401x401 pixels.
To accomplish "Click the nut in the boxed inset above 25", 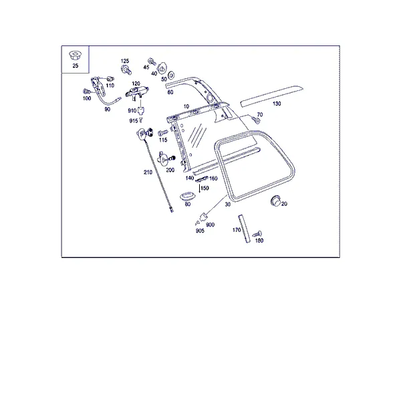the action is point(75,55).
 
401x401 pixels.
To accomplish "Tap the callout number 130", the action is point(277,104).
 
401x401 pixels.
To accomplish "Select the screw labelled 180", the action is point(257,234).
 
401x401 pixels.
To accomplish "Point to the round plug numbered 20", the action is point(275,200).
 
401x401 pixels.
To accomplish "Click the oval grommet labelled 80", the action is point(187,196).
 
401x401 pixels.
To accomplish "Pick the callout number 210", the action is point(148,172).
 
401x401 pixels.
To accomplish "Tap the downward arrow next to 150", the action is point(199,188).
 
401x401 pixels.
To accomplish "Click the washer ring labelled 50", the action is point(171,75).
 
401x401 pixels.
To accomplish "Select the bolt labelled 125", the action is point(126,69).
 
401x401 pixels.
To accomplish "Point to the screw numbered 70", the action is point(255,120).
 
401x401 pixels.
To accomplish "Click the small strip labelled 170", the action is point(244,229).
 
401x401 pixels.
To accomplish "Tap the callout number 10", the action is point(186,106).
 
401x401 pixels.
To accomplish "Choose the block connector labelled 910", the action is point(140,110).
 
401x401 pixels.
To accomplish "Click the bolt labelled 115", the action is point(162,133).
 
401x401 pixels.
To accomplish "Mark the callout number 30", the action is point(228,205).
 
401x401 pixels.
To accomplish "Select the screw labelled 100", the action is point(87,92).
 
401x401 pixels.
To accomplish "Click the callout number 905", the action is point(200,231).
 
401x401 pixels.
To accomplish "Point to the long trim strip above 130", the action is point(272,96).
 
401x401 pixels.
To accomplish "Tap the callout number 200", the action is point(170,170).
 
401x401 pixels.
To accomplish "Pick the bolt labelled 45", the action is point(152,61).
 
